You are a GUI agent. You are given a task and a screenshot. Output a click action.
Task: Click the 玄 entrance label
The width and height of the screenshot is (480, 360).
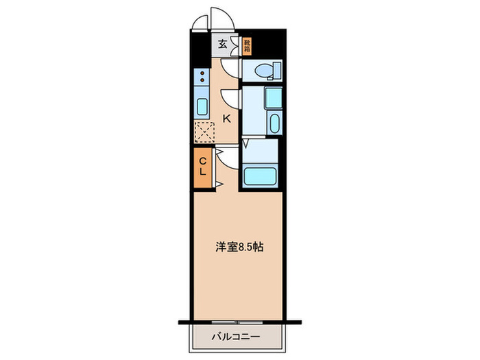coord(223,45)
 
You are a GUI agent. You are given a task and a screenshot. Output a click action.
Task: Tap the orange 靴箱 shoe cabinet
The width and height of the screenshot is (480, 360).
coord(246,45)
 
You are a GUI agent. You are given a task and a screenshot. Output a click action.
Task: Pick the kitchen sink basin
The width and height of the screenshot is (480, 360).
coord(202,106)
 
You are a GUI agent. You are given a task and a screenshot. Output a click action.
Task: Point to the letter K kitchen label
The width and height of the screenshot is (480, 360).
coord(226,118)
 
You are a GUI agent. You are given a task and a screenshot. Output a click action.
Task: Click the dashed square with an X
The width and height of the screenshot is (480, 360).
coord(204,130)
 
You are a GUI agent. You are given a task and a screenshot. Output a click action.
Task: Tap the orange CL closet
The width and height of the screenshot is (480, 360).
coord(202,167)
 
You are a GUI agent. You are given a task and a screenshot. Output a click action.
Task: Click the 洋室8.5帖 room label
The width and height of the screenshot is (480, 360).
coord(237,247)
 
